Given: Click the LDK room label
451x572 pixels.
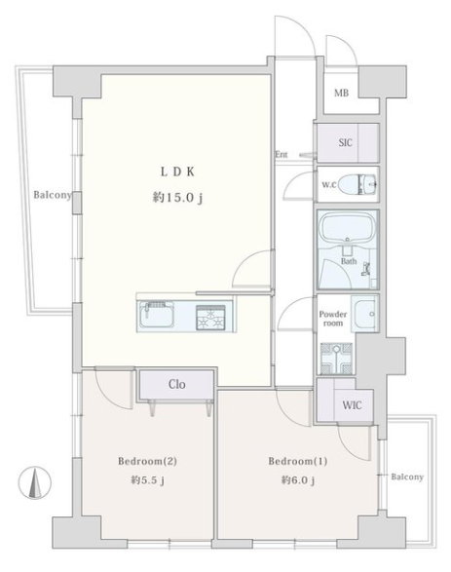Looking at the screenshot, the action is [177, 172].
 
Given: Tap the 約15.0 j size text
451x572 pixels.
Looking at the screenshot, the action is [177, 198].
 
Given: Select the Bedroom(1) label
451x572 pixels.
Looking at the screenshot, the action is [297, 461].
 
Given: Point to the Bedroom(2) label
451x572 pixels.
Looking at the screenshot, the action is [147, 461].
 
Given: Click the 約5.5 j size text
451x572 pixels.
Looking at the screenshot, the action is [147, 480].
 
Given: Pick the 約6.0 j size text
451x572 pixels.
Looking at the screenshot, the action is [297, 480].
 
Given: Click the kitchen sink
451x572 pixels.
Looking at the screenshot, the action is [157, 315].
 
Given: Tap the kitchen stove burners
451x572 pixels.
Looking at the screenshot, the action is [210, 318].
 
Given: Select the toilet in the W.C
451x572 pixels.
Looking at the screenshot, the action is [357, 184].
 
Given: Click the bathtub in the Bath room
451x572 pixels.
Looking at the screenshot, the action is [348, 229].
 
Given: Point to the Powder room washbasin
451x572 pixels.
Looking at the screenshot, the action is [364, 314].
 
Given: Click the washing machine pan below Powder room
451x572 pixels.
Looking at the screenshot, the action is [337, 359].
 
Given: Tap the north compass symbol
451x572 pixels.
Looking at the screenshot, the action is [35, 483].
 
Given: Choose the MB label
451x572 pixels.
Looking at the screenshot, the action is [341, 93].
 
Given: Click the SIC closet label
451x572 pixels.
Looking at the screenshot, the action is [345, 142].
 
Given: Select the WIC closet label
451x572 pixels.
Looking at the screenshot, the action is [352, 405].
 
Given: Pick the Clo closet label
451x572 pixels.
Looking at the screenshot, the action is [177, 384].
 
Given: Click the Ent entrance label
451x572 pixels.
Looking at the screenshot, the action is [282, 154].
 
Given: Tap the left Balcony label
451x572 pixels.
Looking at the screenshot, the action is [53, 195].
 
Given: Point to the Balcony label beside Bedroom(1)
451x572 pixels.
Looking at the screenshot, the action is [407, 477].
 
